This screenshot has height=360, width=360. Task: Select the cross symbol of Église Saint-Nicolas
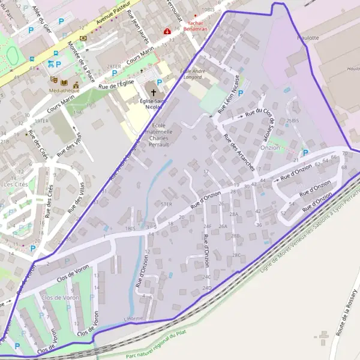coord(154,93)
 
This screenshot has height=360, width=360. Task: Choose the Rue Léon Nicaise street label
coord(230,93)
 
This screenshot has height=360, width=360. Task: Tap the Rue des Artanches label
coord(239,152)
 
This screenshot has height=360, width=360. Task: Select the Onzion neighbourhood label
coord(270,147)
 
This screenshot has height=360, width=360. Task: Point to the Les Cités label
coord(16,184)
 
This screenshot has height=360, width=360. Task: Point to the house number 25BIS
coord(293,121)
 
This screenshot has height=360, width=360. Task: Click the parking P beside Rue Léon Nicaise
coord(241,94)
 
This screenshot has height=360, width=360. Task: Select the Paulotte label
coord(308,37)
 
